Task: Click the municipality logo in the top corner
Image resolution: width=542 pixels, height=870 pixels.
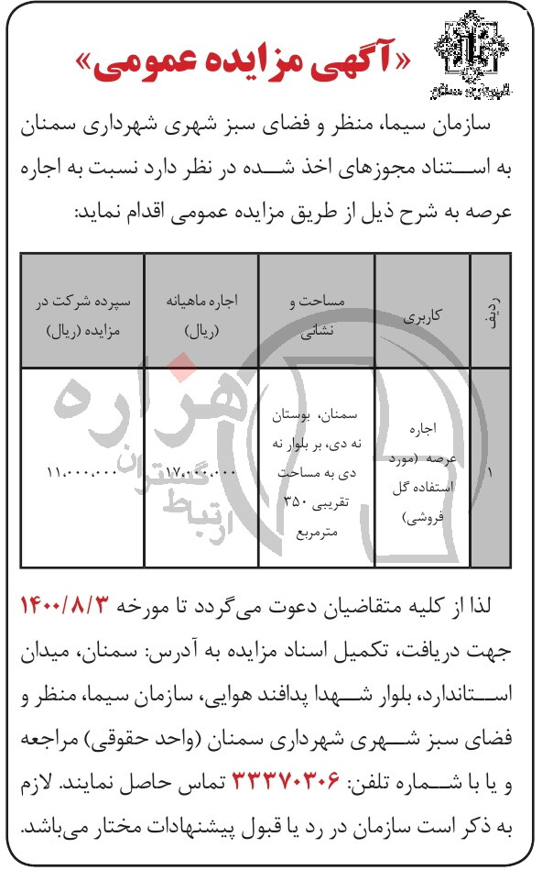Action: [470, 54]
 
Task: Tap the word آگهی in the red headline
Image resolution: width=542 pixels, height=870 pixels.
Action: [357, 58]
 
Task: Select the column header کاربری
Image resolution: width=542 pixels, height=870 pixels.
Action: [422, 312]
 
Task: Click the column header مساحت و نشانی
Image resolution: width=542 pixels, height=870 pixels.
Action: [316, 312]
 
